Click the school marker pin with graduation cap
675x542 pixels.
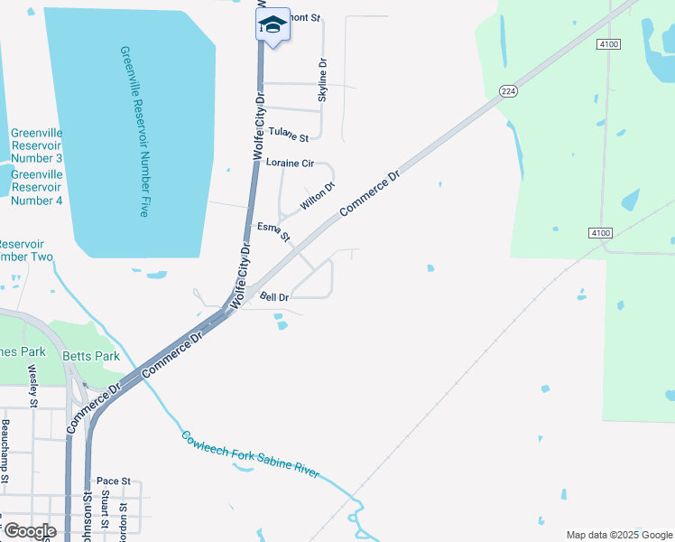pos(273,25)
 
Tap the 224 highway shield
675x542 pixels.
pos(508,90)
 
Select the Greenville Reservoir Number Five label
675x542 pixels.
pos(133,132)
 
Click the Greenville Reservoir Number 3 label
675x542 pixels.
pos(36,145)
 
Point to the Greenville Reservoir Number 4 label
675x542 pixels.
pos(36,187)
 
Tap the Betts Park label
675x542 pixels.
pos(91,356)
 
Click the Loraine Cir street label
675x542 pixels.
pos(289,164)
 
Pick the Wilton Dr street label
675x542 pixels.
pos(318,196)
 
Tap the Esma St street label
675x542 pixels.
pos(273,232)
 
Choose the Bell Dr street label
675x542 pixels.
pos(273,296)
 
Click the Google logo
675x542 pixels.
pos(29,531)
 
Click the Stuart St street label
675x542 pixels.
pos(106,509)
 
